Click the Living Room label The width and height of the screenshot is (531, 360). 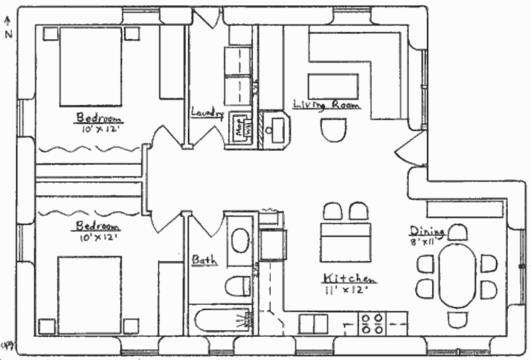tap(327, 105)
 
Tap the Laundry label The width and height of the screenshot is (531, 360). tap(206, 113)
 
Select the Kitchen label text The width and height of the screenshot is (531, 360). tap(350, 278)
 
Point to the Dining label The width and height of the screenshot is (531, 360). tap(423, 231)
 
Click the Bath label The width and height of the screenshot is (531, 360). tap(204, 260)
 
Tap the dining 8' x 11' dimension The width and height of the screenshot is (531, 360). tap(423, 242)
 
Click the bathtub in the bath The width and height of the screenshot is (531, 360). tap(220, 319)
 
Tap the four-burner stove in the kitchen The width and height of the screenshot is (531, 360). tap(372, 323)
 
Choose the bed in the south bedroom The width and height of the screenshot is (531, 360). tap(90, 293)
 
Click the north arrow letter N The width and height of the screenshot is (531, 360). tap(8, 35)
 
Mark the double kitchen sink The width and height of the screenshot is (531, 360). tap(313, 323)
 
